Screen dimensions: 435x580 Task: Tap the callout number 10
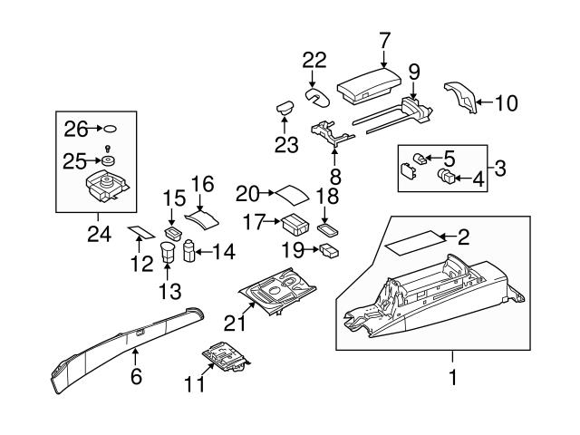pos(507,103)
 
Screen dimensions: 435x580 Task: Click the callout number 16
pos(201,184)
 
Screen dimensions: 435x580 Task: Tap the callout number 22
pos(314,61)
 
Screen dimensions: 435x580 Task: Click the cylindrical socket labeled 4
pos(447,177)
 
